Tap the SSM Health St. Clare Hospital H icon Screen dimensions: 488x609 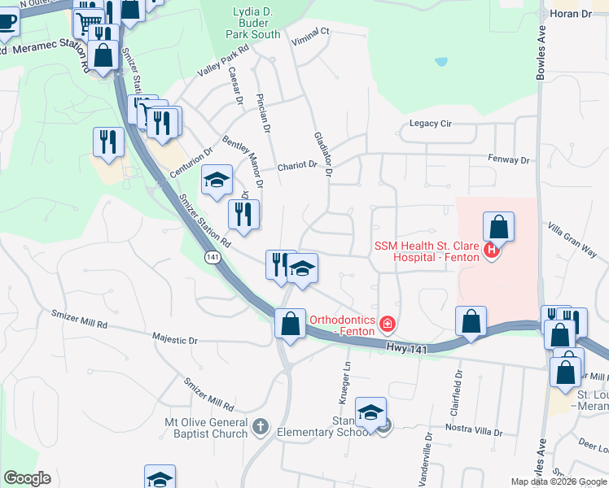pos(491,251)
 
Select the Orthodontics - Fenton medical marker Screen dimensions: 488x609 pos(388,326)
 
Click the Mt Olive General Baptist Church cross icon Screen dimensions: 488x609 pos(260,426)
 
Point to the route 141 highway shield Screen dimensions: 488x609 pos(212,257)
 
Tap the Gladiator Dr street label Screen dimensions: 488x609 pos(322,154)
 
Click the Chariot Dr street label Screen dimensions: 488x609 pos(296,165)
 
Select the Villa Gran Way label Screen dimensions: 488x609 pos(572,240)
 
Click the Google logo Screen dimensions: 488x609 pos(27,478)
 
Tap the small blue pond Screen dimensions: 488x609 pos(440,61)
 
